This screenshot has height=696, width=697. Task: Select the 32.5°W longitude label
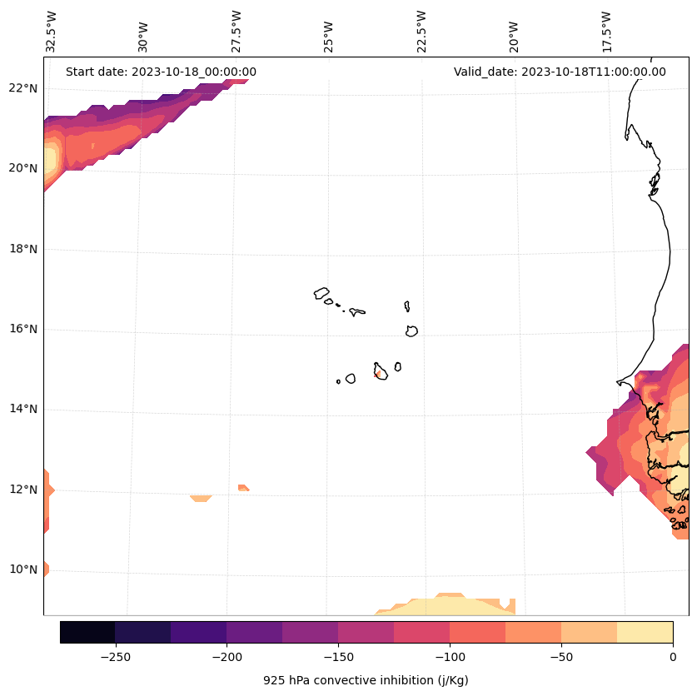[x=52, y=32]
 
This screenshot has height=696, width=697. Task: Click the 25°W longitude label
[x=329, y=32]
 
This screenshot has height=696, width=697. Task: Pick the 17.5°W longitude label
[x=606, y=32]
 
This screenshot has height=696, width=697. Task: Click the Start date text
[x=161, y=72]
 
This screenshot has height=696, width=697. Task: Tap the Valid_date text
[x=560, y=72]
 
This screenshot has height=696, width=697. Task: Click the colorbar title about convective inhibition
[x=366, y=680]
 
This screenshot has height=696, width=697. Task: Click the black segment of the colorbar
[x=87, y=633]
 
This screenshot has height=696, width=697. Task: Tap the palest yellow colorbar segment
[x=645, y=633]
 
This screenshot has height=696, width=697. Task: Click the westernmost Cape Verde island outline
[x=321, y=293]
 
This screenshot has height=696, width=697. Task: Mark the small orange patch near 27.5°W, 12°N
[x=242, y=488]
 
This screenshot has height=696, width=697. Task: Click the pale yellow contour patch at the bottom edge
[x=441, y=606]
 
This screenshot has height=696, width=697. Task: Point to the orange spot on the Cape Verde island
[x=378, y=375]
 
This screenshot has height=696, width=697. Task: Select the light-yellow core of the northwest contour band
[x=50, y=158]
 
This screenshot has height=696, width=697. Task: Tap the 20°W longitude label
[x=514, y=32]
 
